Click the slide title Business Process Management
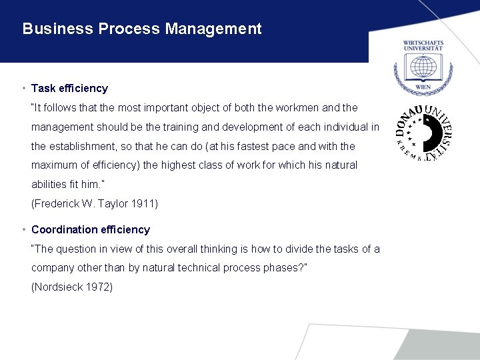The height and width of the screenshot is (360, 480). tap(142, 29)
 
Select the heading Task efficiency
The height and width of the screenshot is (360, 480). tap(69, 88)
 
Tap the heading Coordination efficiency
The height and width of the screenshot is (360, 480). tap(91, 229)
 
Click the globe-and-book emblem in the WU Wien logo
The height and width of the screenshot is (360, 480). tap(423, 67)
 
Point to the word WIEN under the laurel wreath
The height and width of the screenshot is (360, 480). tap(423, 87)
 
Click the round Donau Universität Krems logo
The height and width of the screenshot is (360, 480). tap(423, 133)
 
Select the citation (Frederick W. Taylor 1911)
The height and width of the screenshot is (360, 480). tap(95, 203)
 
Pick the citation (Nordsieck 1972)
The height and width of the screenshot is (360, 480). tap(72, 287)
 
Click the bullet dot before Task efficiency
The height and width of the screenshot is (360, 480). tap(23, 88)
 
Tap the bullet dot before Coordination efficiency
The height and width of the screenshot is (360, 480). tap(23, 229)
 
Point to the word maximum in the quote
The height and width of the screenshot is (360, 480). tap(53, 165)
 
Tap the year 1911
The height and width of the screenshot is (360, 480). tap(146, 203)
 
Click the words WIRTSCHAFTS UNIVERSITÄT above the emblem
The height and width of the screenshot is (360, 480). tap(423, 46)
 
